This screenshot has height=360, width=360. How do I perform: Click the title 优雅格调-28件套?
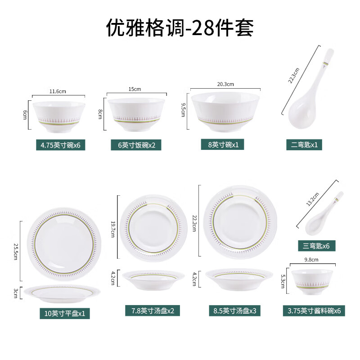(180, 28)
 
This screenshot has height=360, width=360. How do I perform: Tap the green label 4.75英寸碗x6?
(61, 145)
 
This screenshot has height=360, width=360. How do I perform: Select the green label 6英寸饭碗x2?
(136, 145)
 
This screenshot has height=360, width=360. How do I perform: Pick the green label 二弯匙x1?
(304, 144)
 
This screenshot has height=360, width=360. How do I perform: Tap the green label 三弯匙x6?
(316, 246)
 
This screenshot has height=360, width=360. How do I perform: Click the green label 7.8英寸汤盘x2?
(149, 310)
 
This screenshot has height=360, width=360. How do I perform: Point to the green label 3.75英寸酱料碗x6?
(314, 310)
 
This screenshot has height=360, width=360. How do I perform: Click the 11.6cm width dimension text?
(58, 91)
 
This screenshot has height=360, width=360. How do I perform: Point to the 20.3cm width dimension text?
(225, 84)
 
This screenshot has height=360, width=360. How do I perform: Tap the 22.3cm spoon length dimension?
(294, 75)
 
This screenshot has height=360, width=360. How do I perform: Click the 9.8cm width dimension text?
(311, 260)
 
